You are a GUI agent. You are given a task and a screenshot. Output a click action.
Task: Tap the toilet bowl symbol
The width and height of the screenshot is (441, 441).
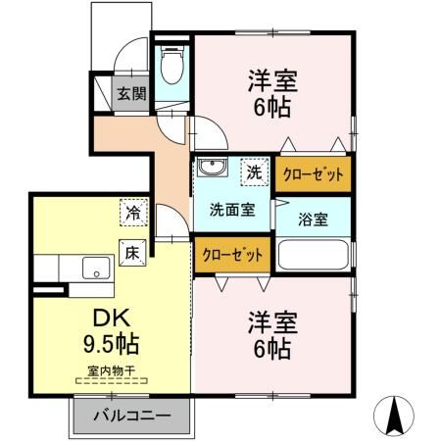[172, 70]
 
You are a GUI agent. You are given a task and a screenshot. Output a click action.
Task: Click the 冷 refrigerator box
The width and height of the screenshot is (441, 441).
[131, 210]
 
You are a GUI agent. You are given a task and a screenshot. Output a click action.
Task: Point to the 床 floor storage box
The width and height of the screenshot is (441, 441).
[131, 250]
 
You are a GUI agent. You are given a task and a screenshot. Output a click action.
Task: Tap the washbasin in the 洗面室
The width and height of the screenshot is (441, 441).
[211, 169]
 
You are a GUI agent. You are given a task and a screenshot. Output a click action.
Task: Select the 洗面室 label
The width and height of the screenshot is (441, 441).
[232, 208]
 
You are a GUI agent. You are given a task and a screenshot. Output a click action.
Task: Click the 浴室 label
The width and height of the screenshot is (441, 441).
[314, 218]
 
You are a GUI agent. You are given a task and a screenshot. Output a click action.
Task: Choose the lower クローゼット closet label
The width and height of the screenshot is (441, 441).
[233, 256]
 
